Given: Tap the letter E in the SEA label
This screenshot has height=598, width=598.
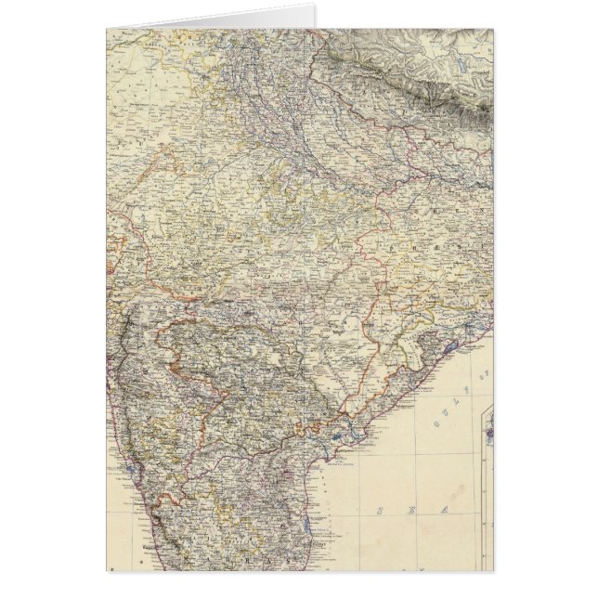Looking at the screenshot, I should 415,512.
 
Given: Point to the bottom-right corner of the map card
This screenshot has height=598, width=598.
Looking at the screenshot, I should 493,569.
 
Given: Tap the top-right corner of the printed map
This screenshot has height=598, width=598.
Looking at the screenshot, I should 493,29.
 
